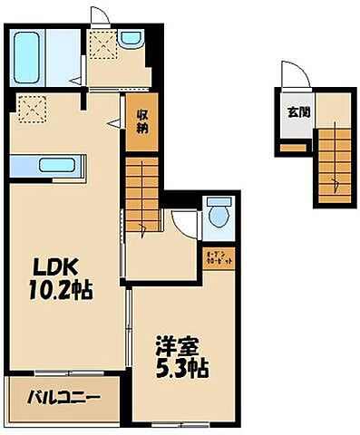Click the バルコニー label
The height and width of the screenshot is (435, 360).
(62, 396)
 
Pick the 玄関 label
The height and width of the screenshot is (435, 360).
(297, 112)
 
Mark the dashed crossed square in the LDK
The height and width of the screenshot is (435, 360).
(33, 110)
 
